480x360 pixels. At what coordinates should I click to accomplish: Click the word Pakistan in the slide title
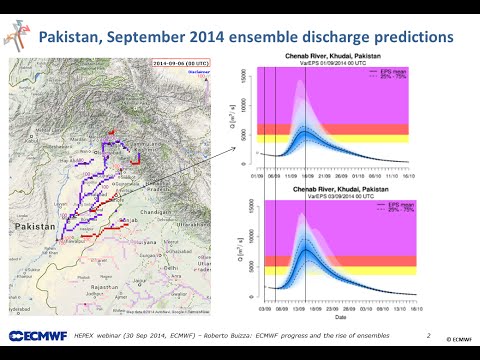point(80,38)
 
